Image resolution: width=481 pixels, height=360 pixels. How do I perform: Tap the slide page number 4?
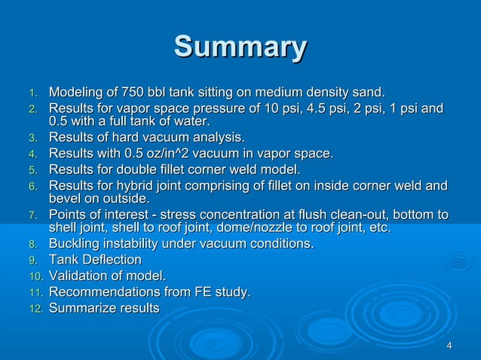point(449,345)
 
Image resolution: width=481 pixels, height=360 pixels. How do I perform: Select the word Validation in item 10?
point(80,276)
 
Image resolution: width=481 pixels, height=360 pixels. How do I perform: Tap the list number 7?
point(32,216)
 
